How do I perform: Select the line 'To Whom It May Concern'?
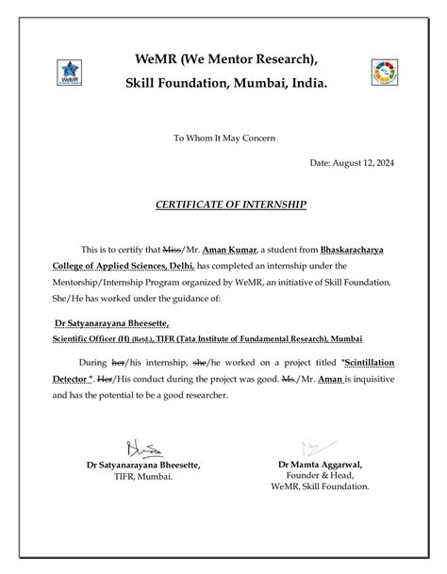tap(223, 139)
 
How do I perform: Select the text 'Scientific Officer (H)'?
tap(91, 337)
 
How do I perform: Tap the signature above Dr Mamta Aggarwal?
tap(312, 448)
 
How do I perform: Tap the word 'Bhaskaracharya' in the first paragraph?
tap(366, 249)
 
